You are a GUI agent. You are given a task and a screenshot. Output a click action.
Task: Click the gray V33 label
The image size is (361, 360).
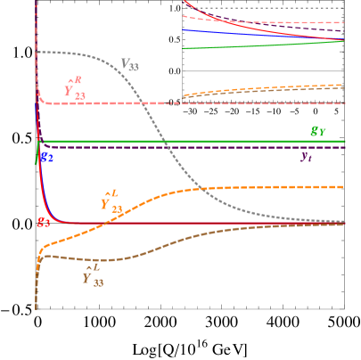click(x=129, y=64)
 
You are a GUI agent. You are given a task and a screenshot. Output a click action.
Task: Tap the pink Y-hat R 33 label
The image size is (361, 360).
click(x=74, y=87)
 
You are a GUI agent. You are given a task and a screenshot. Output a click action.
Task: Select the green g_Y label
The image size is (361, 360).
click(x=317, y=132)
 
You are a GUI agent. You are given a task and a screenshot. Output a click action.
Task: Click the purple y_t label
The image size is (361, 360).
click(x=306, y=157)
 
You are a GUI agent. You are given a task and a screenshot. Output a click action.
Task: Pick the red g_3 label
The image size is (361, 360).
click(x=43, y=222)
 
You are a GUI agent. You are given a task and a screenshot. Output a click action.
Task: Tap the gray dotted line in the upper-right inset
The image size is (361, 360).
click(x=267, y=9)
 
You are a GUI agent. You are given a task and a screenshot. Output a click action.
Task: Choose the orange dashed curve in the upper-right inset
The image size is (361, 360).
click(x=267, y=90)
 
